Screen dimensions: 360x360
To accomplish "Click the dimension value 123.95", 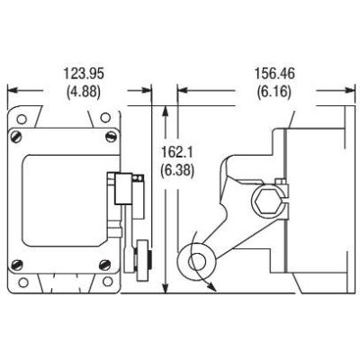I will [80, 71].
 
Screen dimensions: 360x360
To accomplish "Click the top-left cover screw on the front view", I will [15, 138].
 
